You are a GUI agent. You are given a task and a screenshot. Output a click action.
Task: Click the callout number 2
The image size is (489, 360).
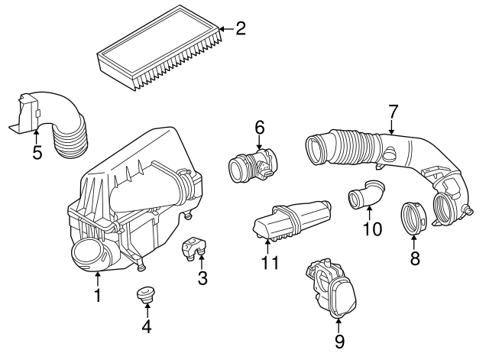pos(241,30)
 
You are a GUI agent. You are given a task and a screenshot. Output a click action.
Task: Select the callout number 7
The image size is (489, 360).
pos(393,112)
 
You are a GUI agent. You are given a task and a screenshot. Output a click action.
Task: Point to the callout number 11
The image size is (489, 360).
pos(269,264)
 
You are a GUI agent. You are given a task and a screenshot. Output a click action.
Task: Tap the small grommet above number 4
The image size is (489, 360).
pos(144,294)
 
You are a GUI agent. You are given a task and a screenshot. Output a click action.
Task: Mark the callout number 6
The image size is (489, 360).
pos(259,126)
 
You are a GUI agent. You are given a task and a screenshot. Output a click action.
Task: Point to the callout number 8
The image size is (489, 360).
pos(415,258)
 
